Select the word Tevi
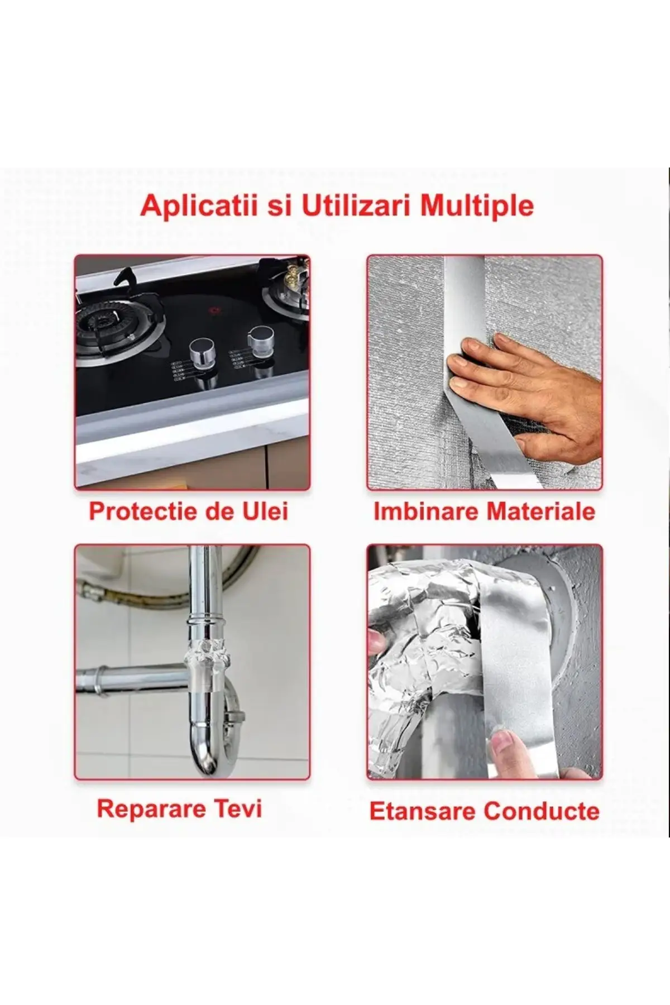[x=239, y=808]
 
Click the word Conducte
[x=542, y=811]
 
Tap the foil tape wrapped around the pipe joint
[x=207, y=651]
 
